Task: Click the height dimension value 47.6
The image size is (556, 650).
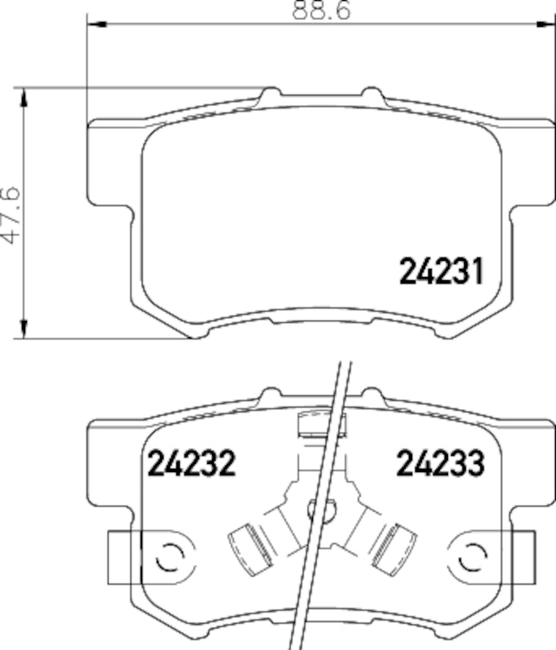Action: [x=11, y=214]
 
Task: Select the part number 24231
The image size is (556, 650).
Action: [x=441, y=271]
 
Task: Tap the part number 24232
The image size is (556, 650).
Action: [x=191, y=464]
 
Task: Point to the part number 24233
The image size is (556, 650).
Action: [x=440, y=464]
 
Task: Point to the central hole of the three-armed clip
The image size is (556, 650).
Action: [x=320, y=510]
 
